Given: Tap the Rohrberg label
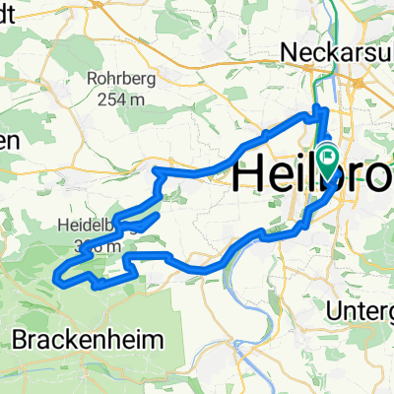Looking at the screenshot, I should point(144,80).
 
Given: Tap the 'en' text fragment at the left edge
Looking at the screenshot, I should point(8,141).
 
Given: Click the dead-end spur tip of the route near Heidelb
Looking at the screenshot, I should point(158,213).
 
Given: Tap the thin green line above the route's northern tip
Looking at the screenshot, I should point(318,79).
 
